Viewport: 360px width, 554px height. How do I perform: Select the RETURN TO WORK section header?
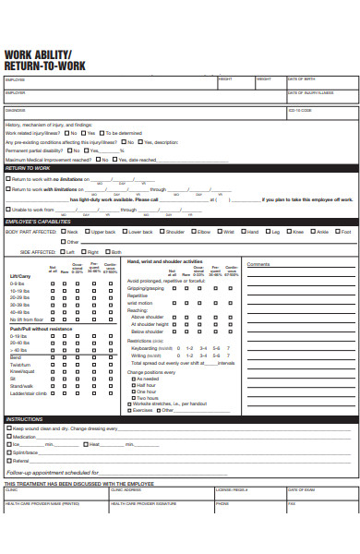pos(28,168)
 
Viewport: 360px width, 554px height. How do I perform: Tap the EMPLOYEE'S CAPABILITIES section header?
pos(38,223)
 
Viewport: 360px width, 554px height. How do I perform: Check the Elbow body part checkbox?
pos(191,232)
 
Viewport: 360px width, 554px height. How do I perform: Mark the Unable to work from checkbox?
pos(8,210)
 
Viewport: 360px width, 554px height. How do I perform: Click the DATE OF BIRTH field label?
pos(302,79)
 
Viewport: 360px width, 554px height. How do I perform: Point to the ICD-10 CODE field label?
pos(300,110)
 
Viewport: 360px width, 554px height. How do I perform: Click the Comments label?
pos(258,264)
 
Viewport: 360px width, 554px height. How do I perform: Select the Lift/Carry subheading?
pos(19,276)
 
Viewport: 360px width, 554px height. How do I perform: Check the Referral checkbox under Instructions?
pos(8,461)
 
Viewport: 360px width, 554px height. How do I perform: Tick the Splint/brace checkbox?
pos(8,452)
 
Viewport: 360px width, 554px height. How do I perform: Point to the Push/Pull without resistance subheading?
pos(39,329)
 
